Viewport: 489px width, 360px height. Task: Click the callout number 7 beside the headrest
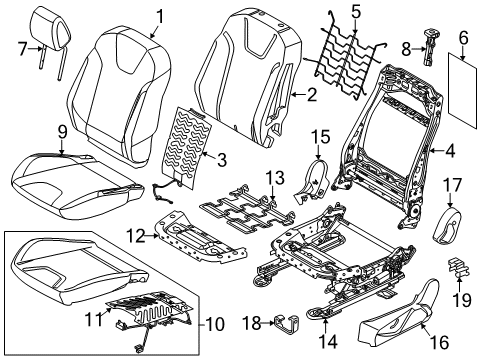pyautogui.click(x=22, y=49)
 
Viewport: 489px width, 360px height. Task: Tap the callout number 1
pyautogui.click(x=160, y=17)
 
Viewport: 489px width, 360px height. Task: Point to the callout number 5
pyautogui.click(x=356, y=12)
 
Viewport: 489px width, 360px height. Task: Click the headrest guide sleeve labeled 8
pyautogui.click(x=430, y=47)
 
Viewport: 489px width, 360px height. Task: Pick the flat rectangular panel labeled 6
pyautogui.click(x=463, y=90)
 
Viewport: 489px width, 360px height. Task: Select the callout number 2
pyautogui.click(x=312, y=95)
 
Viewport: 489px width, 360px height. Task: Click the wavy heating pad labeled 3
pyautogui.click(x=188, y=147)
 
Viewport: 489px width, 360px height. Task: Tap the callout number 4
pyautogui.click(x=450, y=151)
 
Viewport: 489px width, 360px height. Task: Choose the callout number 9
pyautogui.click(x=62, y=132)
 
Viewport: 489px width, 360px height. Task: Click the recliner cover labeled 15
pyautogui.click(x=312, y=182)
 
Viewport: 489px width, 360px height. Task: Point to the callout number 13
pyautogui.click(x=275, y=178)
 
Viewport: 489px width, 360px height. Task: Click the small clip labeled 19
pyautogui.click(x=459, y=268)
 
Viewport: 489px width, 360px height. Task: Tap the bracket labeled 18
pyautogui.click(x=287, y=324)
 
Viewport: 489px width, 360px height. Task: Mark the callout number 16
pyautogui.click(x=439, y=342)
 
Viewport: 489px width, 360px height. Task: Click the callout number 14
pyautogui.click(x=328, y=342)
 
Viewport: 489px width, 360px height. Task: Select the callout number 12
pyautogui.click(x=136, y=236)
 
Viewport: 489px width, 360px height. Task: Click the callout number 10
pyautogui.click(x=215, y=324)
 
